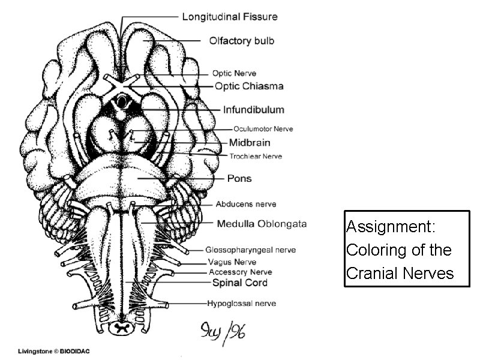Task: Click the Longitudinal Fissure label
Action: pos(230,16)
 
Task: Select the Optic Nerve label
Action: pos(235,73)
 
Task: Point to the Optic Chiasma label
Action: pos(249,86)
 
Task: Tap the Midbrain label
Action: pos(250,143)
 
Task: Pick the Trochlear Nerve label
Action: pos(256,157)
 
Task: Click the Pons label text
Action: pos(239,178)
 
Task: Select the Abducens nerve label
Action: pos(245,204)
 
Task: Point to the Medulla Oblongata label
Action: pos(261,224)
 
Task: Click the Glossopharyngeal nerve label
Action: pos(250,250)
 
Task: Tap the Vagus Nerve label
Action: pos(232,262)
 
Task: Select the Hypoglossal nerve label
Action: pos(242,304)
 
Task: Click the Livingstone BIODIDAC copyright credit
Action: pos(54,352)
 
